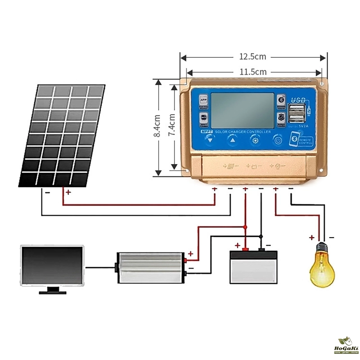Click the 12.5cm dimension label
tap(252, 57)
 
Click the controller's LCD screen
tap(243, 110)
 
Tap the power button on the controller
tap(278, 140)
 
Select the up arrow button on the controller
tap(233, 140)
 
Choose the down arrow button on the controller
tap(210, 140)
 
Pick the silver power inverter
tap(151, 268)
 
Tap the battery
tap(253, 267)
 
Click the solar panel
tap(62, 135)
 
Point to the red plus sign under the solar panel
tap(68, 192)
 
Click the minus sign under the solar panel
tap(47, 192)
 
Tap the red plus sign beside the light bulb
tap(311, 237)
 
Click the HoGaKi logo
tap(346, 347)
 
